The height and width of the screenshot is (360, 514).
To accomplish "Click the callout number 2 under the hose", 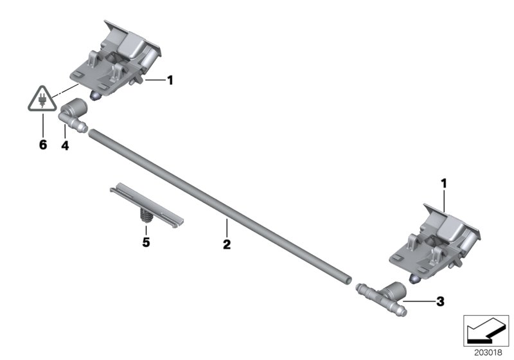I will (x=226, y=244).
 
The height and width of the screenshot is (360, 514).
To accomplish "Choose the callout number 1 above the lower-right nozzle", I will (x=443, y=184).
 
